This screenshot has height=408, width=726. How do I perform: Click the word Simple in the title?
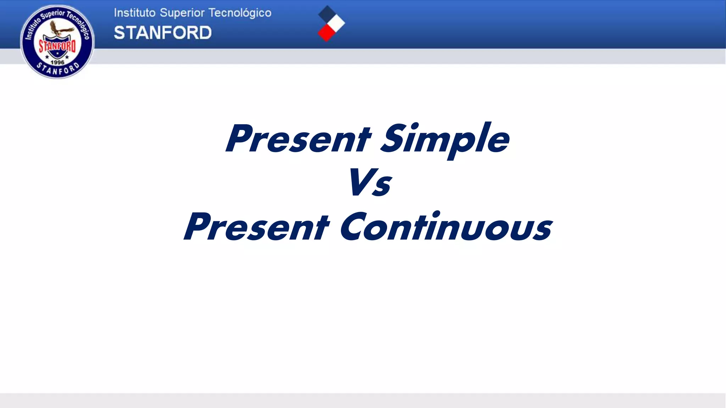coord(445,139)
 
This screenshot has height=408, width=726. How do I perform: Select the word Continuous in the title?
coord(446,227)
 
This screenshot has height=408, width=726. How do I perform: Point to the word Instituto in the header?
coord(135,13)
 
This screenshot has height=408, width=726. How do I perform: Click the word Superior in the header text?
coord(182,13)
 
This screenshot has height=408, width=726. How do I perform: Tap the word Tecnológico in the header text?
coord(240,13)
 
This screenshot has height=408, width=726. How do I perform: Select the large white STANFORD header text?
coord(163,33)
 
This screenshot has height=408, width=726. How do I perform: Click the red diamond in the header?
coord(326,33)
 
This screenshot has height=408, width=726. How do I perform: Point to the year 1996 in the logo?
coord(57,62)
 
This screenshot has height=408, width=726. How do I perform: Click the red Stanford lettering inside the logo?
coord(57,46)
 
